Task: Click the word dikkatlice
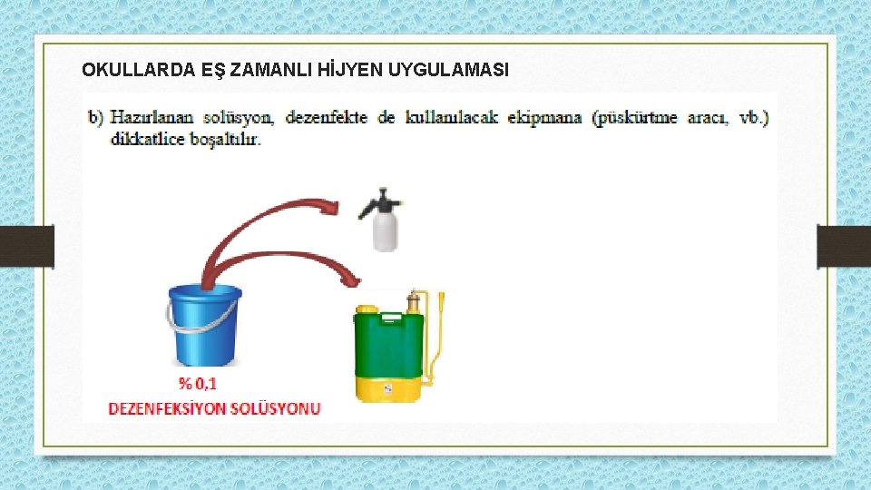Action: coord(144,140)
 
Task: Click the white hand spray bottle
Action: coord(386,230)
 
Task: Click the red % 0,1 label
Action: coord(197,384)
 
